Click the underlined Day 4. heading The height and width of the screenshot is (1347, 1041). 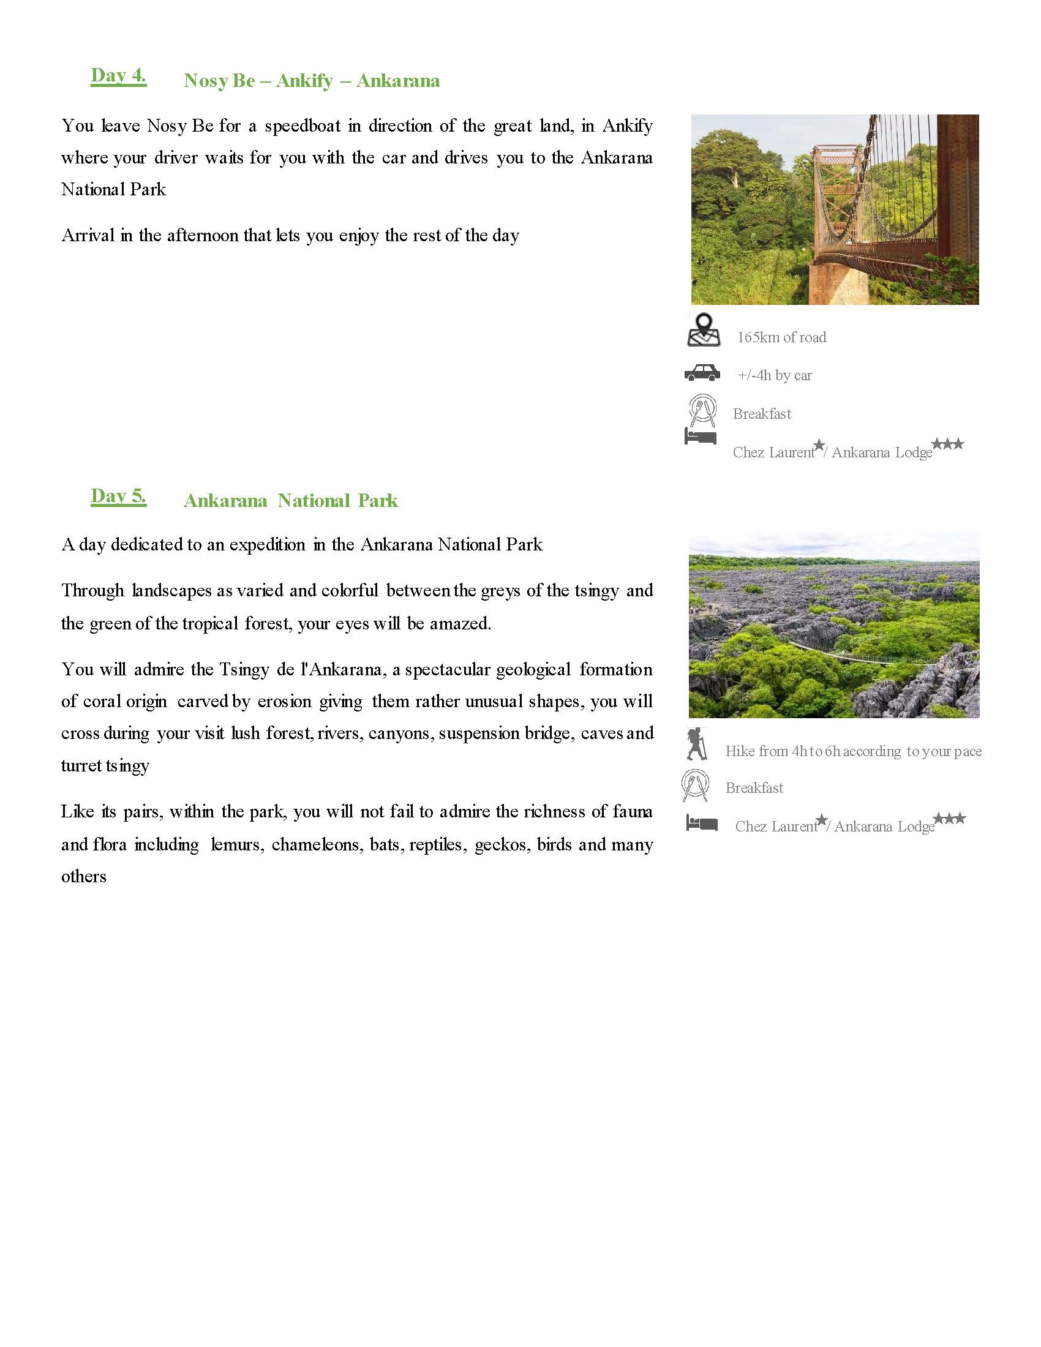click(118, 76)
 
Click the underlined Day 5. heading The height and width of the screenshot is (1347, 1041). click(118, 496)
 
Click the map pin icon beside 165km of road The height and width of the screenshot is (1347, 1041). click(703, 330)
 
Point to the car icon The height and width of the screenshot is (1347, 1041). click(702, 372)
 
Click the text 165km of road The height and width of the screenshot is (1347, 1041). click(781, 337)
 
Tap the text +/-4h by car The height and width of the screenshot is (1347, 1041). click(775, 375)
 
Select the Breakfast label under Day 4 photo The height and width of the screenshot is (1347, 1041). click(762, 414)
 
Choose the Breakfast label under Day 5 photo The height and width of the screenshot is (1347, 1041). click(754, 788)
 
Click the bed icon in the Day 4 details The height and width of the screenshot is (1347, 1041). click(701, 436)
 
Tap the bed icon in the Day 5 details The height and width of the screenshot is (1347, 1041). click(702, 823)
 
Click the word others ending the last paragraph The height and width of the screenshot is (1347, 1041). click(84, 876)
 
